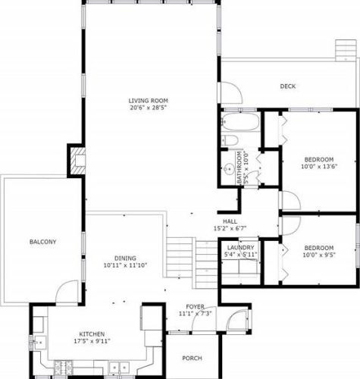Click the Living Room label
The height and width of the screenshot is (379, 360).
pos(149,101)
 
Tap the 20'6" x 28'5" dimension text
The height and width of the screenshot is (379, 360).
pos(149,108)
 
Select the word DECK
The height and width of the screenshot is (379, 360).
pos(288,86)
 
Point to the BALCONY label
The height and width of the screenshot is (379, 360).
pos(43,242)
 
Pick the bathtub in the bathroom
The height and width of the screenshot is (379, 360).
pos(240,121)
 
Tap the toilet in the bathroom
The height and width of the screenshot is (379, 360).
pos(230,140)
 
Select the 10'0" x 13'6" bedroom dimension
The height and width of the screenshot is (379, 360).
pos(319,167)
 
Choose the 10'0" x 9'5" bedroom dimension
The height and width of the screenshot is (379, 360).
pos(319,255)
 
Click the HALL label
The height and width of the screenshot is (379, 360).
pos(230,221)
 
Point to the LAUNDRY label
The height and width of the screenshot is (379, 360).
pos(240,248)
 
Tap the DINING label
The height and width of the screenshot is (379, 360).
pos(125,258)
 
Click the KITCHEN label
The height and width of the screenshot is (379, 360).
pos(92,334)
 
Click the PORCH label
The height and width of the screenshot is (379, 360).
pos(192,359)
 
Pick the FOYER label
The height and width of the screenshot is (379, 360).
pos(195,307)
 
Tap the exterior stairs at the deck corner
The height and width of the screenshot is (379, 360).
pos(346,50)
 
